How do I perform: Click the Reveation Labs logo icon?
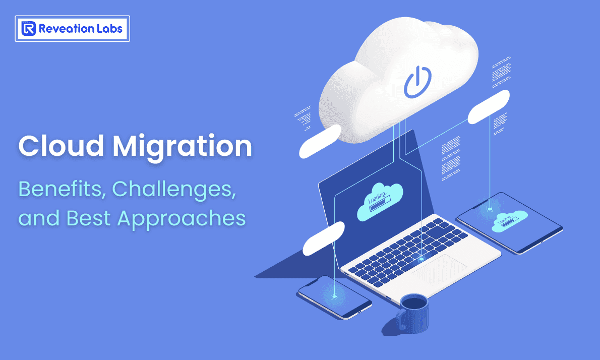(x=28, y=28)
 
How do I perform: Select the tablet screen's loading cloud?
(x=509, y=221)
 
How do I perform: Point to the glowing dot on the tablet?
(x=490, y=208)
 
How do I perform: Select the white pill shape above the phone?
(x=323, y=237)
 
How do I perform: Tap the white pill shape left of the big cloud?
(x=320, y=141)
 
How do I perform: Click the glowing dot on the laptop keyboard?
(x=422, y=259)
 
